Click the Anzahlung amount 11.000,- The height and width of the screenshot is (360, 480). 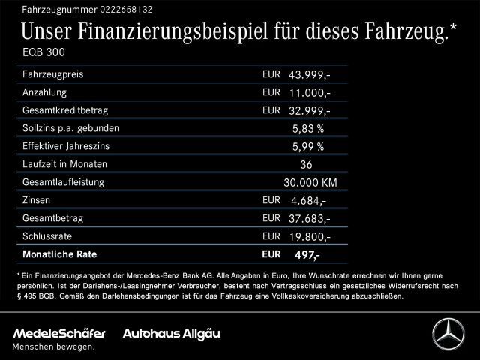pyautogui.click(x=310, y=93)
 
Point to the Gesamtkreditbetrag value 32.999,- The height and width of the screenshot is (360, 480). pyautogui.click(x=310, y=111)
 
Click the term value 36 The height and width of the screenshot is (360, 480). pyautogui.click(x=305, y=164)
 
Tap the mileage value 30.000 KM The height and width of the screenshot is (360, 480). pyautogui.click(x=310, y=182)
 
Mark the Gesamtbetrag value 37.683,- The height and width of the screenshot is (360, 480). pyautogui.click(x=310, y=218)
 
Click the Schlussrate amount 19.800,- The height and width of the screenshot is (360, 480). pyautogui.click(x=310, y=236)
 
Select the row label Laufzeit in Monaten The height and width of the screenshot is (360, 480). pyautogui.click(x=65, y=163)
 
